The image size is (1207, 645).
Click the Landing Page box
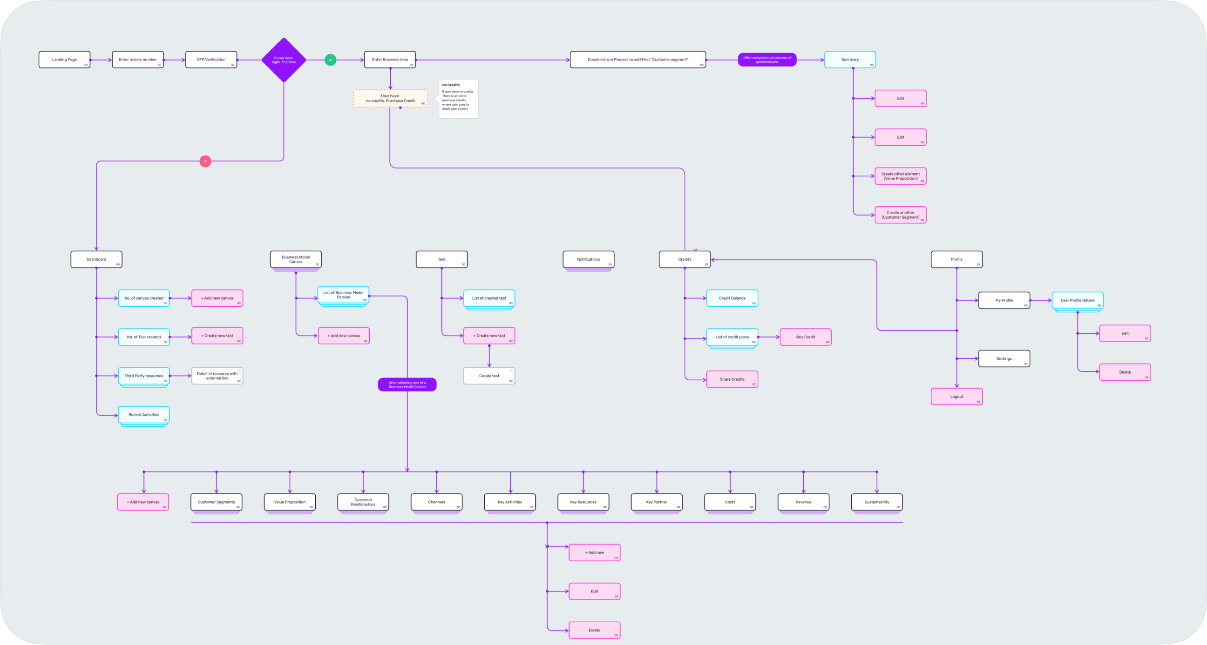(64, 60)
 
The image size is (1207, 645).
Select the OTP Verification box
(211, 60)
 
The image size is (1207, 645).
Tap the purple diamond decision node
(284, 60)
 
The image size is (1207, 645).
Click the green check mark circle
(330, 60)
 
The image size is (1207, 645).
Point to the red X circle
(205, 161)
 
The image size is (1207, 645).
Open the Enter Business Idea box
(390, 60)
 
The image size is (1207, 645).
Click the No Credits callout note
(458, 98)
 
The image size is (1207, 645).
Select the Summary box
(849, 60)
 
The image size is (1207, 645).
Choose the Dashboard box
(96, 259)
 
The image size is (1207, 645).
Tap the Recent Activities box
(144, 415)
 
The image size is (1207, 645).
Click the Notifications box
(588, 259)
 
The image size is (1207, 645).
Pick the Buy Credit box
(806, 337)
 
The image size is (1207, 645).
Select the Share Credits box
(732, 379)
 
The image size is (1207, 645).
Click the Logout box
(956, 396)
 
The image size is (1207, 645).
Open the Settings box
(1004, 358)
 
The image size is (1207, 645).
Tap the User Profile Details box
(1077, 300)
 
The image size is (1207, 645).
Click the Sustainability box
(876, 502)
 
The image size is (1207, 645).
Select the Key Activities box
(510, 502)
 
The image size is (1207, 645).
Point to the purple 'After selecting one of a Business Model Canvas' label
(407, 384)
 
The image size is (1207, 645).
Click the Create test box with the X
(489, 376)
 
